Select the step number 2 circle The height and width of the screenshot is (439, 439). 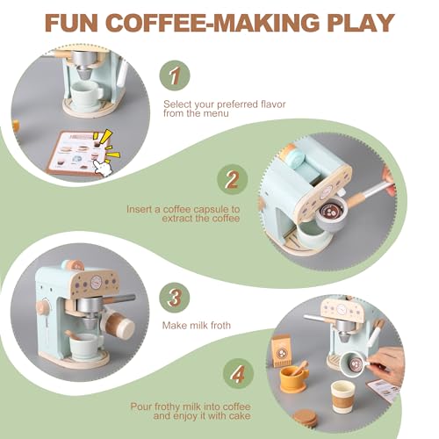pos(231,179)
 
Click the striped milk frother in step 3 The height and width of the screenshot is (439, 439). pos(119,327)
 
